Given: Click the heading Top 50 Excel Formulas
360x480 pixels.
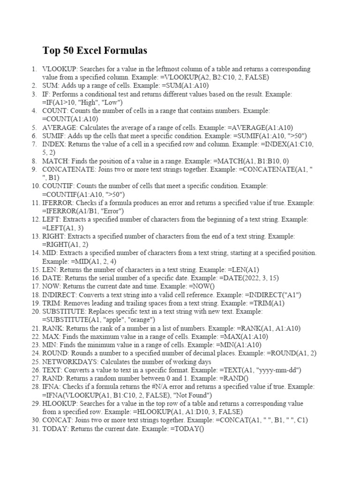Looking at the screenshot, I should (95, 50).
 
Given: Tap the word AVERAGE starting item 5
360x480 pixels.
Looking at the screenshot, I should (60, 127).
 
